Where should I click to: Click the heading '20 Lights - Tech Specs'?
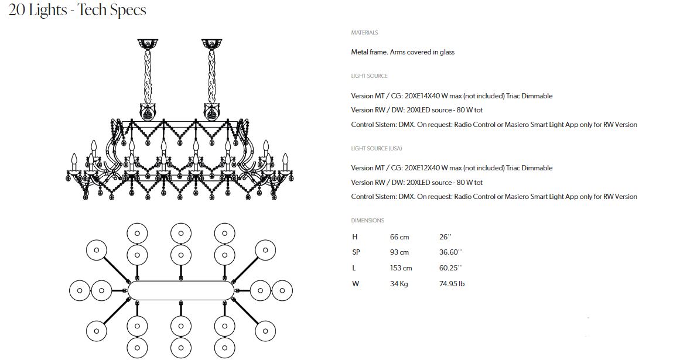click(77, 10)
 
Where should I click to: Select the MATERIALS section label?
click(364, 33)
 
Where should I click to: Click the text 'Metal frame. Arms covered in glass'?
click(402, 52)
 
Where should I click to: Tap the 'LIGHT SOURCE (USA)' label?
click(376, 149)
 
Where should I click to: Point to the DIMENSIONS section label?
click(367, 221)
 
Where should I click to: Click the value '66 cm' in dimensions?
click(399, 237)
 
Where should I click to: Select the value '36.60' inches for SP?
click(450, 252)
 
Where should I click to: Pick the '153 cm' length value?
click(401, 268)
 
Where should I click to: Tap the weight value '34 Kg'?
click(399, 284)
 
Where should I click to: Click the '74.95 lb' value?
click(452, 284)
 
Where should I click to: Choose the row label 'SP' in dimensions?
click(356, 252)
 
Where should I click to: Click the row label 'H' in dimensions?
click(354, 237)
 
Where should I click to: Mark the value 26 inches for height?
click(445, 237)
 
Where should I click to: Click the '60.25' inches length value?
click(450, 268)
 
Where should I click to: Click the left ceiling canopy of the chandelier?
click(148, 44)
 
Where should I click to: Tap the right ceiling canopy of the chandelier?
click(211, 44)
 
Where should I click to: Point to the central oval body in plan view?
click(181, 290)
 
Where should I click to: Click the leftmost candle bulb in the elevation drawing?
click(74, 159)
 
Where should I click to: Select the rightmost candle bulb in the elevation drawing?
click(285, 159)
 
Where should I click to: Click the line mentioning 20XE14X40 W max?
click(452, 96)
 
